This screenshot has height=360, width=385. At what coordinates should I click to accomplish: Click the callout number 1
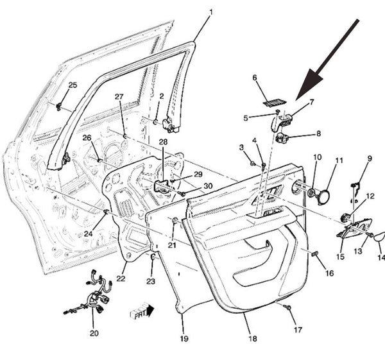pyautogui.click(x=210, y=12)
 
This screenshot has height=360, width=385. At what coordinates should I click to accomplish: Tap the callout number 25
pyautogui.click(x=73, y=85)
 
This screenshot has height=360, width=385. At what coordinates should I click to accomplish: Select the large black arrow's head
pyautogui.click(x=309, y=84)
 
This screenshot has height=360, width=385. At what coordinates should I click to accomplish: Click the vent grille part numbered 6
pyautogui.click(x=275, y=103)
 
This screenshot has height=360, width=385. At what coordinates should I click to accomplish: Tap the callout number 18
pyautogui.click(x=253, y=338)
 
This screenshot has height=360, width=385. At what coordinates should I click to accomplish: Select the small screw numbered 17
pyautogui.click(x=287, y=307)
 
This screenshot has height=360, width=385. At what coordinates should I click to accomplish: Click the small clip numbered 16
pyautogui.click(x=314, y=253)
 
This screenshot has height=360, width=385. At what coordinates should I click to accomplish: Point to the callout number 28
pyautogui.click(x=163, y=142)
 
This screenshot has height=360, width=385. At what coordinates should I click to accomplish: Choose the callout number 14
pyautogui.click(x=381, y=257)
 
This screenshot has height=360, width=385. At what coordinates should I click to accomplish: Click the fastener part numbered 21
pyautogui.click(x=175, y=220)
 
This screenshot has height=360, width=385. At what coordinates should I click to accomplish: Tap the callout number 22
pyautogui.click(x=121, y=279)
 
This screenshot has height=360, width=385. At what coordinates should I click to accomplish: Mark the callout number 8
pyautogui.click(x=318, y=133)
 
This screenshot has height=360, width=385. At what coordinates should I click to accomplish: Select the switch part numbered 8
pyautogui.click(x=282, y=137)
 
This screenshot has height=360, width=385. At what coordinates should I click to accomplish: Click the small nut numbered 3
pyautogui.click(x=252, y=163)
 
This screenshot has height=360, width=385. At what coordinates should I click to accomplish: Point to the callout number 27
pyautogui.click(x=119, y=96)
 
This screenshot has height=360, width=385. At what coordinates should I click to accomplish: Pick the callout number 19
pyautogui.click(x=184, y=339)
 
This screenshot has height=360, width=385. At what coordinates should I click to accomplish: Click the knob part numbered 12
pyautogui.click(x=346, y=218)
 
